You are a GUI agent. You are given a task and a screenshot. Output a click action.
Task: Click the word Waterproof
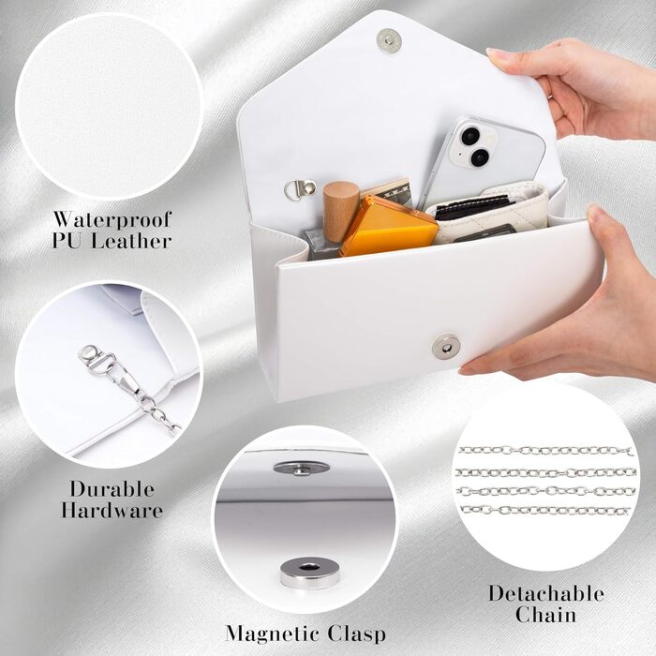[x=112, y=220]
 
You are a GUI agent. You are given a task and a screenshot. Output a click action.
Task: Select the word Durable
[x=112, y=489]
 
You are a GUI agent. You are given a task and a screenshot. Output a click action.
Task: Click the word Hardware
[x=112, y=510]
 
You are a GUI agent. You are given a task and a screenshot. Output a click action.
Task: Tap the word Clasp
[x=357, y=634]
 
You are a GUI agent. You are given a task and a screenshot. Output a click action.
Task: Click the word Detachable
[x=546, y=593]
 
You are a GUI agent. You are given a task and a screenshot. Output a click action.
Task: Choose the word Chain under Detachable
[x=545, y=614]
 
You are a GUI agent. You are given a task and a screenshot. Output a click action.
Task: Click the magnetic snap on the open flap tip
[x=389, y=40]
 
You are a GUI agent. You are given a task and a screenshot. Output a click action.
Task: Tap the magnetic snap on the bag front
[x=446, y=347]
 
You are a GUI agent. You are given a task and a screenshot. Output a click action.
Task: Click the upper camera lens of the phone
[x=470, y=135]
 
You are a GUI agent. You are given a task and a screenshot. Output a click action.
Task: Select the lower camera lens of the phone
[x=480, y=157]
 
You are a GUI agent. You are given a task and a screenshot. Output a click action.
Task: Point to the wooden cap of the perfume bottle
[x=340, y=211]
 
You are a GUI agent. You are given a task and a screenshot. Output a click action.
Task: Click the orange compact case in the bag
[x=388, y=227]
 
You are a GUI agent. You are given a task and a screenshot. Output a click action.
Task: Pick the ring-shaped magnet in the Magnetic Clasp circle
[x=309, y=572]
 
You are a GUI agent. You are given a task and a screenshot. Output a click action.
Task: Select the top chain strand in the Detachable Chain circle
[x=545, y=451]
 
